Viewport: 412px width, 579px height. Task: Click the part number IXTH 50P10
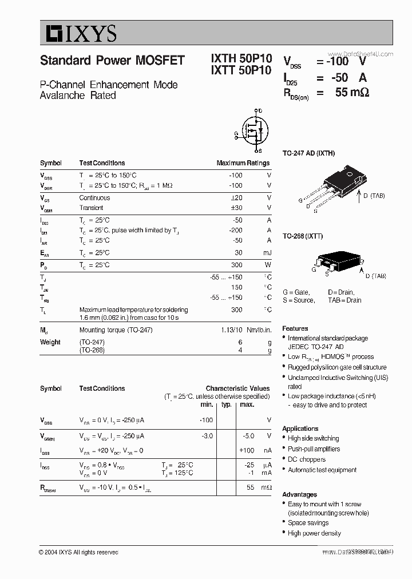(x=241, y=60)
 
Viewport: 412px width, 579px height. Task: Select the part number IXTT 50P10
(x=241, y=72)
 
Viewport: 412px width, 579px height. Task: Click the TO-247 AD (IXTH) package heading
(x=308, y=153)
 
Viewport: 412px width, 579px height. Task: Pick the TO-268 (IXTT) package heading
(x=303, y=236)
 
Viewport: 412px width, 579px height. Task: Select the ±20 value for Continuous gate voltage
(x=236, y=198)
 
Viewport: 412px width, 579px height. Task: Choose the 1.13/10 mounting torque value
(x=232, y=330)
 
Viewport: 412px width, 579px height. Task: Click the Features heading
(x=295, y=328)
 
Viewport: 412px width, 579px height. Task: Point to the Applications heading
(x=300, y=429)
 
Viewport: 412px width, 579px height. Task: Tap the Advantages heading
(x=299, y=494)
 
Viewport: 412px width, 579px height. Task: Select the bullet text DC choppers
(x=307, y=459)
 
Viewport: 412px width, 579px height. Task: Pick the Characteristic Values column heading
(x=237, y=388)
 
